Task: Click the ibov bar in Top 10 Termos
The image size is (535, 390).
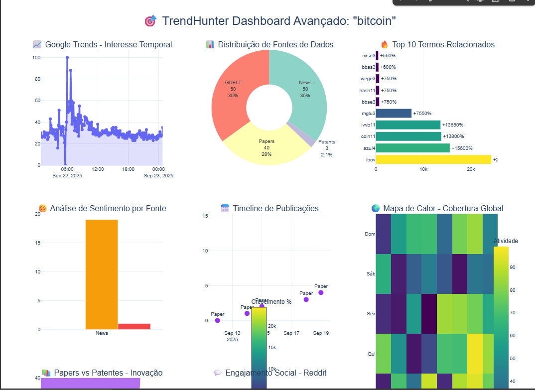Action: (433, 159)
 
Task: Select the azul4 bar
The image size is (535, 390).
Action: (413, 148)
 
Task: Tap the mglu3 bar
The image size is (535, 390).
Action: (394, 113)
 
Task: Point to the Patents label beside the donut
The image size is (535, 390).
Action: (327, 142)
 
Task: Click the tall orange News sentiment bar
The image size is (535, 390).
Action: (102, 274)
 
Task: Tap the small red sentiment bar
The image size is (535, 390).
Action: (134, 326)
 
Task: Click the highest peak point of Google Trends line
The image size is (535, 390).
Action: (67, 57)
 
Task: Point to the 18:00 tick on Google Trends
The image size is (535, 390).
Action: (128, 169)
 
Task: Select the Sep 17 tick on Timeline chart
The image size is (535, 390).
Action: (291, 333)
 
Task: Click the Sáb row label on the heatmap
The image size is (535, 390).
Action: (370, 274)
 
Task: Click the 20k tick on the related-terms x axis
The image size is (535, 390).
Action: (470, 169)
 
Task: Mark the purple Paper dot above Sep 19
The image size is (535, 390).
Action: (321, 292)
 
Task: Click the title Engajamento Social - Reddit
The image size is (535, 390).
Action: (275, 373)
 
